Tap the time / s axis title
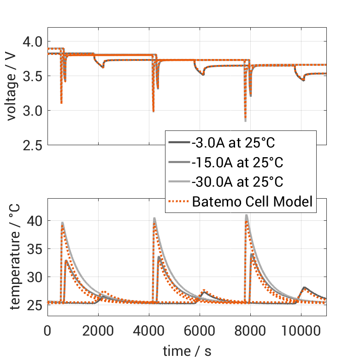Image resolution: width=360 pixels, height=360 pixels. (x=187, y=351)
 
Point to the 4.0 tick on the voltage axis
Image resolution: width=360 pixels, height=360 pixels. (x=33, y=41)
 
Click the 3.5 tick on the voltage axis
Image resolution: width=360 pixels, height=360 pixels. (x=33, y=76)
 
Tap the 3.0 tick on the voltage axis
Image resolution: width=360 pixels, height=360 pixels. (x=33, y=111)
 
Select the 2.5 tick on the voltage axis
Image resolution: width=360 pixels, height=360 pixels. (x=33, y=145)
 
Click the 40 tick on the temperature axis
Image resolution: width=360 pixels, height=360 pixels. (x=35, y=221)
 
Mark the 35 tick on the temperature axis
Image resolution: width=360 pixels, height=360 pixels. (x=35, y=249)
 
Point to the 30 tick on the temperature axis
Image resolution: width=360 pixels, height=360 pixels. (x=35, y=277)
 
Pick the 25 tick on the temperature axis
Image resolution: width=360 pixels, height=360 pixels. (x=35, y=305)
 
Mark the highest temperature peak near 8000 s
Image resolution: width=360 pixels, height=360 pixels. (x=247, y=215)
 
